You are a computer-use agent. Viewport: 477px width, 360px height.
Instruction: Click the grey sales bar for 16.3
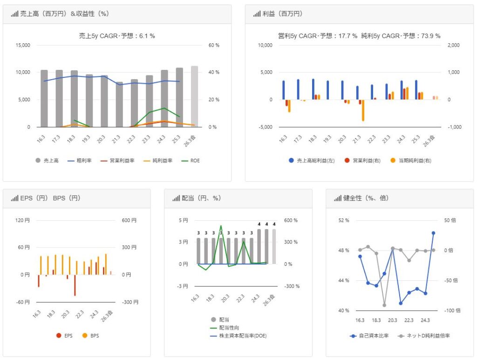point(44,98)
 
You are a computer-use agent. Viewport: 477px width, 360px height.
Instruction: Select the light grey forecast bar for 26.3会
point(194,96)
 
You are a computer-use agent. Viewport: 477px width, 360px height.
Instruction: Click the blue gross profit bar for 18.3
point(313,89)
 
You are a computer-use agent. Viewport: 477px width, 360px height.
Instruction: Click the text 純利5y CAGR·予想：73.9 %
point(401,36)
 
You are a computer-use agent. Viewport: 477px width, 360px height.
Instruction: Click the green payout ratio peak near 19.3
point(221,226)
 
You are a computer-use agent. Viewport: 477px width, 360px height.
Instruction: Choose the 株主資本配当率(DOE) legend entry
point(243,335)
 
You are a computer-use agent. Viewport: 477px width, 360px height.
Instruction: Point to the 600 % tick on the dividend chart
point(291,220)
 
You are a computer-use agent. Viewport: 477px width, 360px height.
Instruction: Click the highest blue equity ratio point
point(433,233)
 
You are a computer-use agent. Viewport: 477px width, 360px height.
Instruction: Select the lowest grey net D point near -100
point(384,305)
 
